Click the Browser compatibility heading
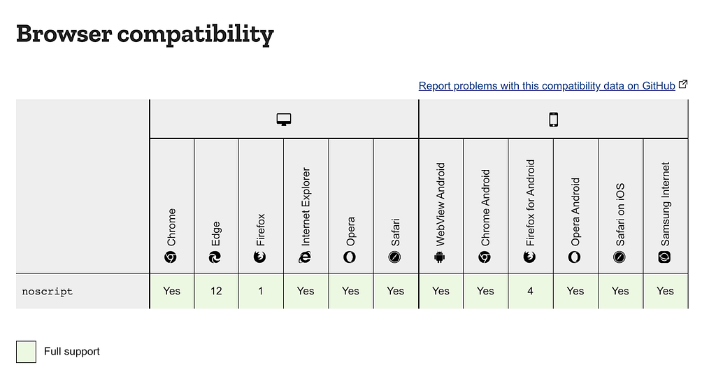click(145, 34)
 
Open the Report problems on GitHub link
click(547, 86)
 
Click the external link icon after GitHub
click(683, 85)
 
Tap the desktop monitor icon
click(284, 120)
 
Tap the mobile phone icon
click(554, 120)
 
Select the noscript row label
click(48, 292)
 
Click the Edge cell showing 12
click(216, 291)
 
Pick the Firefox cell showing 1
click(261, 291)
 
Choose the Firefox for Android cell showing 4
click(530, 291)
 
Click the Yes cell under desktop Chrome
click(172, 291)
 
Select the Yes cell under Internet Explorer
click(306, 291)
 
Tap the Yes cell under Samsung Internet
click(666, 291)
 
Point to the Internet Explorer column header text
click(306, 206)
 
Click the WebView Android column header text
click(441, 204)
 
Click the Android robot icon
click(440, 257)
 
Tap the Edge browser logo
click(215, 257)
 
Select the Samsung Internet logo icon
click(664, 257)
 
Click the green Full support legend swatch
click(26, 352)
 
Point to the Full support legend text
click(72, 352)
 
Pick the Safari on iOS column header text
click(620, 215)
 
